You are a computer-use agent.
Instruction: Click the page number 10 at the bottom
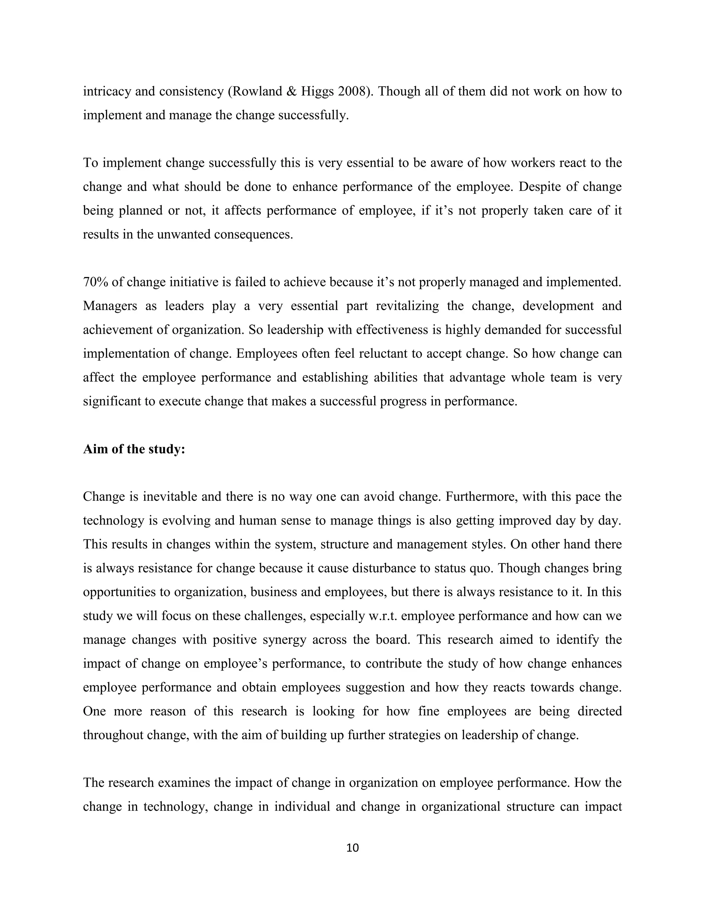coord(352,848)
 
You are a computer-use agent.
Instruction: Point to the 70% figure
coord(96,282)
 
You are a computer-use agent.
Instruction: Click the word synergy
coord(285,640)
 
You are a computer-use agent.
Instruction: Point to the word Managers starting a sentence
coord(110,306)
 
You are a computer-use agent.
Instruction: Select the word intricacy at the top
coord(106,91)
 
